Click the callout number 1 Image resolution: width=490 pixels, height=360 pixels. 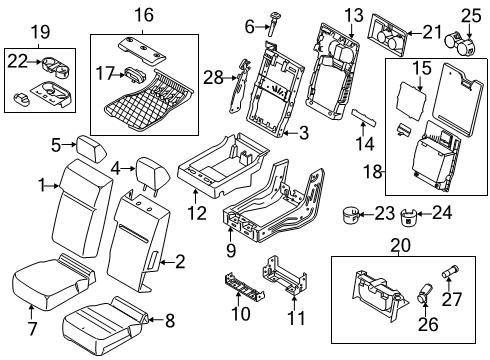coord(42,184)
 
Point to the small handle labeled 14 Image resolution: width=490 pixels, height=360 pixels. coord(361,116)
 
